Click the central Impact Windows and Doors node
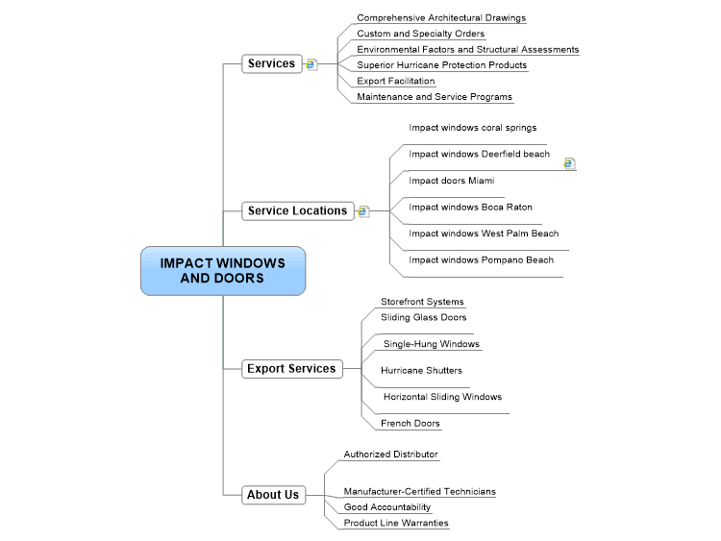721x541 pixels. click(223, 271)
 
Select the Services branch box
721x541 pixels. click(272, 63)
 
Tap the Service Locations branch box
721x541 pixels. click(298, 211)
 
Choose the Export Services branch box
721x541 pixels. click(292, 369)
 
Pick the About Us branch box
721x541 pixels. click(274, 495)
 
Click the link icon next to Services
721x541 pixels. click(311, 64)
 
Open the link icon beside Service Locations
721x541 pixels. click(363, 211)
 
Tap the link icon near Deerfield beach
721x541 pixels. click(569, 163)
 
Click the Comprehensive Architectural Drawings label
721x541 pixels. click(441, 18)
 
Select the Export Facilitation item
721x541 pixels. click(396, 81)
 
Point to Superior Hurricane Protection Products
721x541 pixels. click(442, 65)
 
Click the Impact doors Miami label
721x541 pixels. click(452, 181)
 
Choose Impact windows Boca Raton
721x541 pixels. click(470, 208)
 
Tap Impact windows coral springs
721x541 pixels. click(473, 128)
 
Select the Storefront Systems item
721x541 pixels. click(422, 302)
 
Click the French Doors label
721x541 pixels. click(410, 424)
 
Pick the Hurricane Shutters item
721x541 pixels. click(421, 371)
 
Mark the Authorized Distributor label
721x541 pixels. click(391, 455)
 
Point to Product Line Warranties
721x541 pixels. click(396, 523)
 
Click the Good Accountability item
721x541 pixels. click(387, 507)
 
